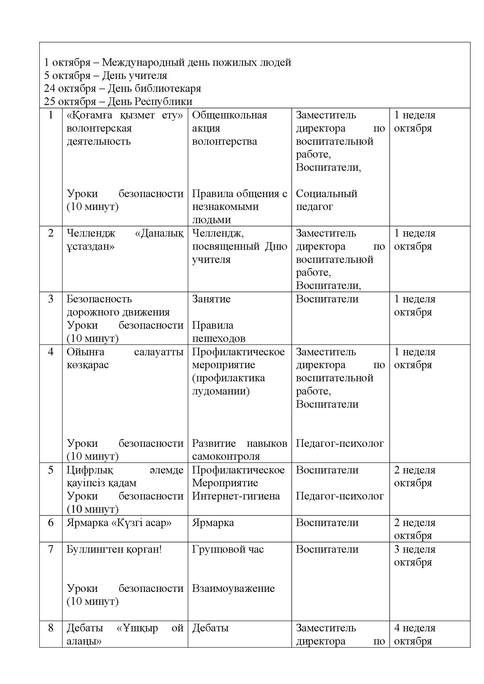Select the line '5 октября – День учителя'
point(106,76)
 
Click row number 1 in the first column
point(51,115)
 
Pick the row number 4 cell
point(51,352)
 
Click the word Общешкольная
point(229,115)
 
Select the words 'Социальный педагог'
point(326,200)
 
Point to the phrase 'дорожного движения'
point(118,312)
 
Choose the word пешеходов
point(219,338)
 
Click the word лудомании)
point(221,391)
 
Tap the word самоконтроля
point(226,456)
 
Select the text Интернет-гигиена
point(236,496)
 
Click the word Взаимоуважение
point(233,588)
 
